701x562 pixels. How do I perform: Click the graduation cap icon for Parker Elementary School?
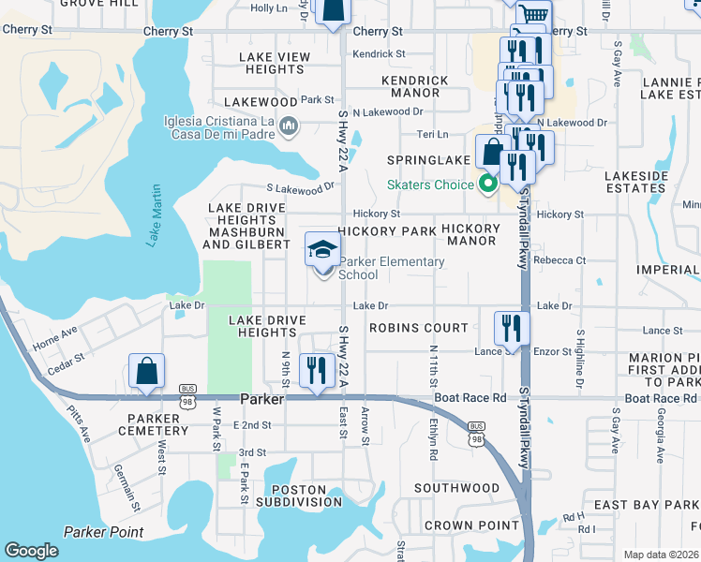coord(321,250)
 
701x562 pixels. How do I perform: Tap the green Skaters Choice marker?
coord(486,185)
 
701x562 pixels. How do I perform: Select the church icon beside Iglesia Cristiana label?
coord(289,126)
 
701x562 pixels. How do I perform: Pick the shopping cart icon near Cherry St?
coord(533,14)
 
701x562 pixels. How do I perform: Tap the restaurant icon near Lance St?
coord(512,327)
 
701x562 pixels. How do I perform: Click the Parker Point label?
coord(103,532)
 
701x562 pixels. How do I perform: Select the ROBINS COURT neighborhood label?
coord(418,328)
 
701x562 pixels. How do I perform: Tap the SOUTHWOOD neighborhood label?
coord(456,488)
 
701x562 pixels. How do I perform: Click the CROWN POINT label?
coord(471,525)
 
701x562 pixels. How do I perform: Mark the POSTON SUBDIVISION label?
coord(300,496)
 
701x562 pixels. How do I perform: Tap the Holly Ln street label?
coord(269,8)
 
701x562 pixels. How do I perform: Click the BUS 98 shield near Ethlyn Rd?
coord(478,438)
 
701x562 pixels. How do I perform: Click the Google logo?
coord(31,551)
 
